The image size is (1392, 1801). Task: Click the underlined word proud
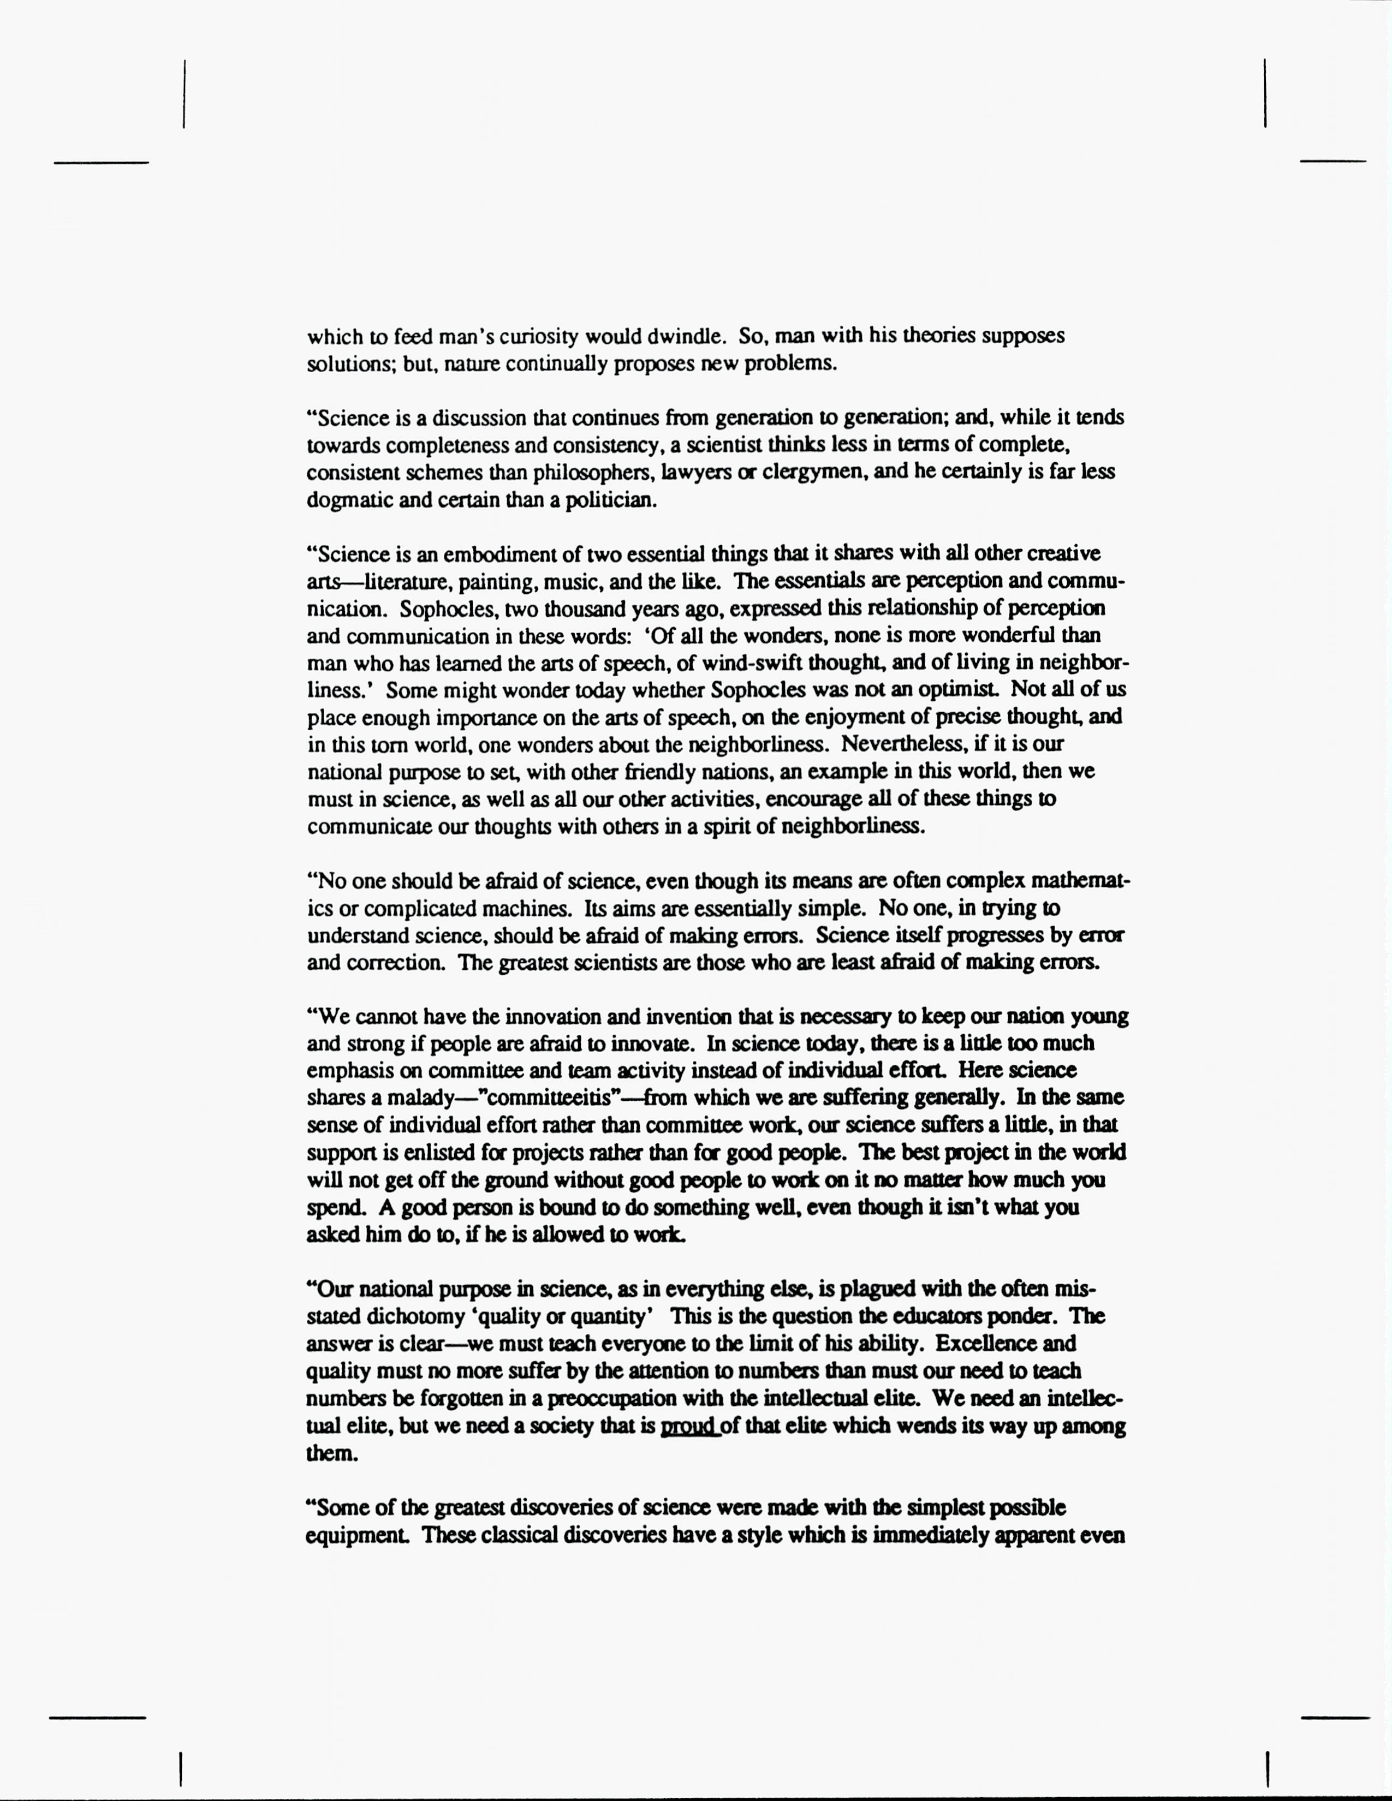(688, 1426)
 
